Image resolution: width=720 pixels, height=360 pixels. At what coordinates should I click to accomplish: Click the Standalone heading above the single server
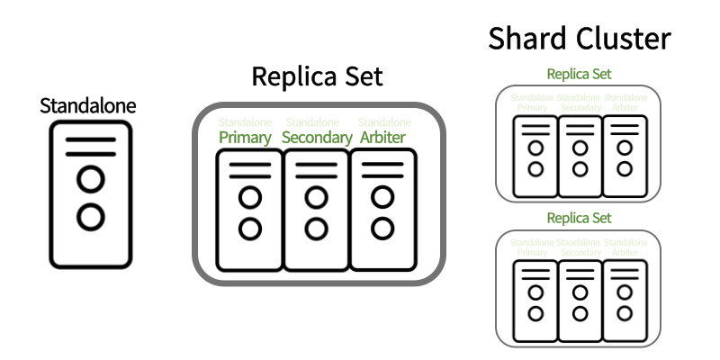tap(88, 106)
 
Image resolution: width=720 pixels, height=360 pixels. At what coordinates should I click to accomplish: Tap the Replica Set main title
tap(317, 76)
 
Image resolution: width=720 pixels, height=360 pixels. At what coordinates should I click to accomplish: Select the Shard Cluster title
tap(580, 39)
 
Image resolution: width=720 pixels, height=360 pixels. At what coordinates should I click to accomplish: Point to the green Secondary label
tap(316, 138)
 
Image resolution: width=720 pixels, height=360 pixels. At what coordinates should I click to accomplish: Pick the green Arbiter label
tap(382, 138)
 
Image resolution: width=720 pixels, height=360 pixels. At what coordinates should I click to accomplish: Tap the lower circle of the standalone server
tap(89, 216)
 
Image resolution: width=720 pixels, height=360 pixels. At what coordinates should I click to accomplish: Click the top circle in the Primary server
tap(250, 196)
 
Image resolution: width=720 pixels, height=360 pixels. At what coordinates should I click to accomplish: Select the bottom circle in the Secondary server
tap(315, 228)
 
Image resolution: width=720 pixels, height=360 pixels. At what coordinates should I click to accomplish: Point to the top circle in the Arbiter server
tap(382, 196)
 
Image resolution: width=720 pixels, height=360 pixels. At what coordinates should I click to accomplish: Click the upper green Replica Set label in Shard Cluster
tap(579, 74)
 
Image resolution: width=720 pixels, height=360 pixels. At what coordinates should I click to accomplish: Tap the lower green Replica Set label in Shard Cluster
tap(579, 218)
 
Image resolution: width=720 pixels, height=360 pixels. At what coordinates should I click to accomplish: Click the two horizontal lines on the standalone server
tap(89, 148)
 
